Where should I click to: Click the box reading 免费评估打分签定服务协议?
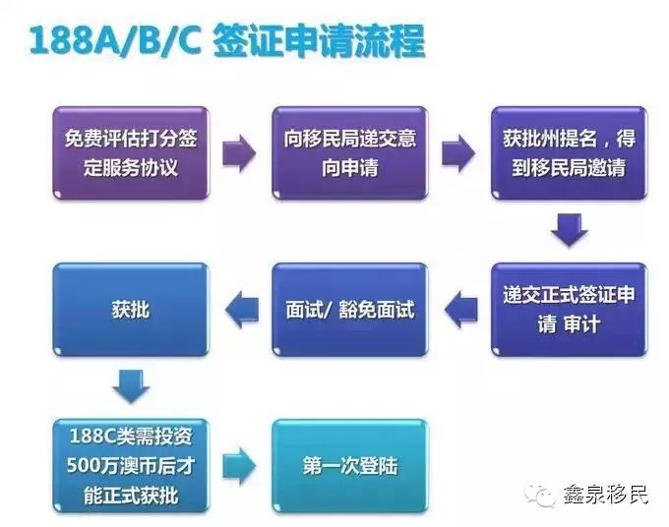131,153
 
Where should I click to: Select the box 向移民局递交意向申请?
350,153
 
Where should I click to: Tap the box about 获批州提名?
570,153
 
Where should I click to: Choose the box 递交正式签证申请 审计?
570,310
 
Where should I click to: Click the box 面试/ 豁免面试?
350,310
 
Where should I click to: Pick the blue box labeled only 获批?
131,310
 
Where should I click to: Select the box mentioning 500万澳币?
131,466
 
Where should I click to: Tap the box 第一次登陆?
350,466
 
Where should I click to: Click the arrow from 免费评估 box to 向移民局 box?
239,153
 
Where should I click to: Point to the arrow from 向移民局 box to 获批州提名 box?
458,153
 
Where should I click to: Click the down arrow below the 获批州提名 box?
570,230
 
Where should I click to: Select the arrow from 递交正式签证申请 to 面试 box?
460,310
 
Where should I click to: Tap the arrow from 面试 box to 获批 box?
242,310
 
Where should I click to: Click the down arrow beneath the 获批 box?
131,386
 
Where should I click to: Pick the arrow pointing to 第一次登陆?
239,466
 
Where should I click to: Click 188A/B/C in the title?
115,41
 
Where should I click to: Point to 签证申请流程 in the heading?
319,41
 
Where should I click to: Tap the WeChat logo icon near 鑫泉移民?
539,495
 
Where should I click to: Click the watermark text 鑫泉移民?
605,495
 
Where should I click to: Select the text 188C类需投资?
131,437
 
